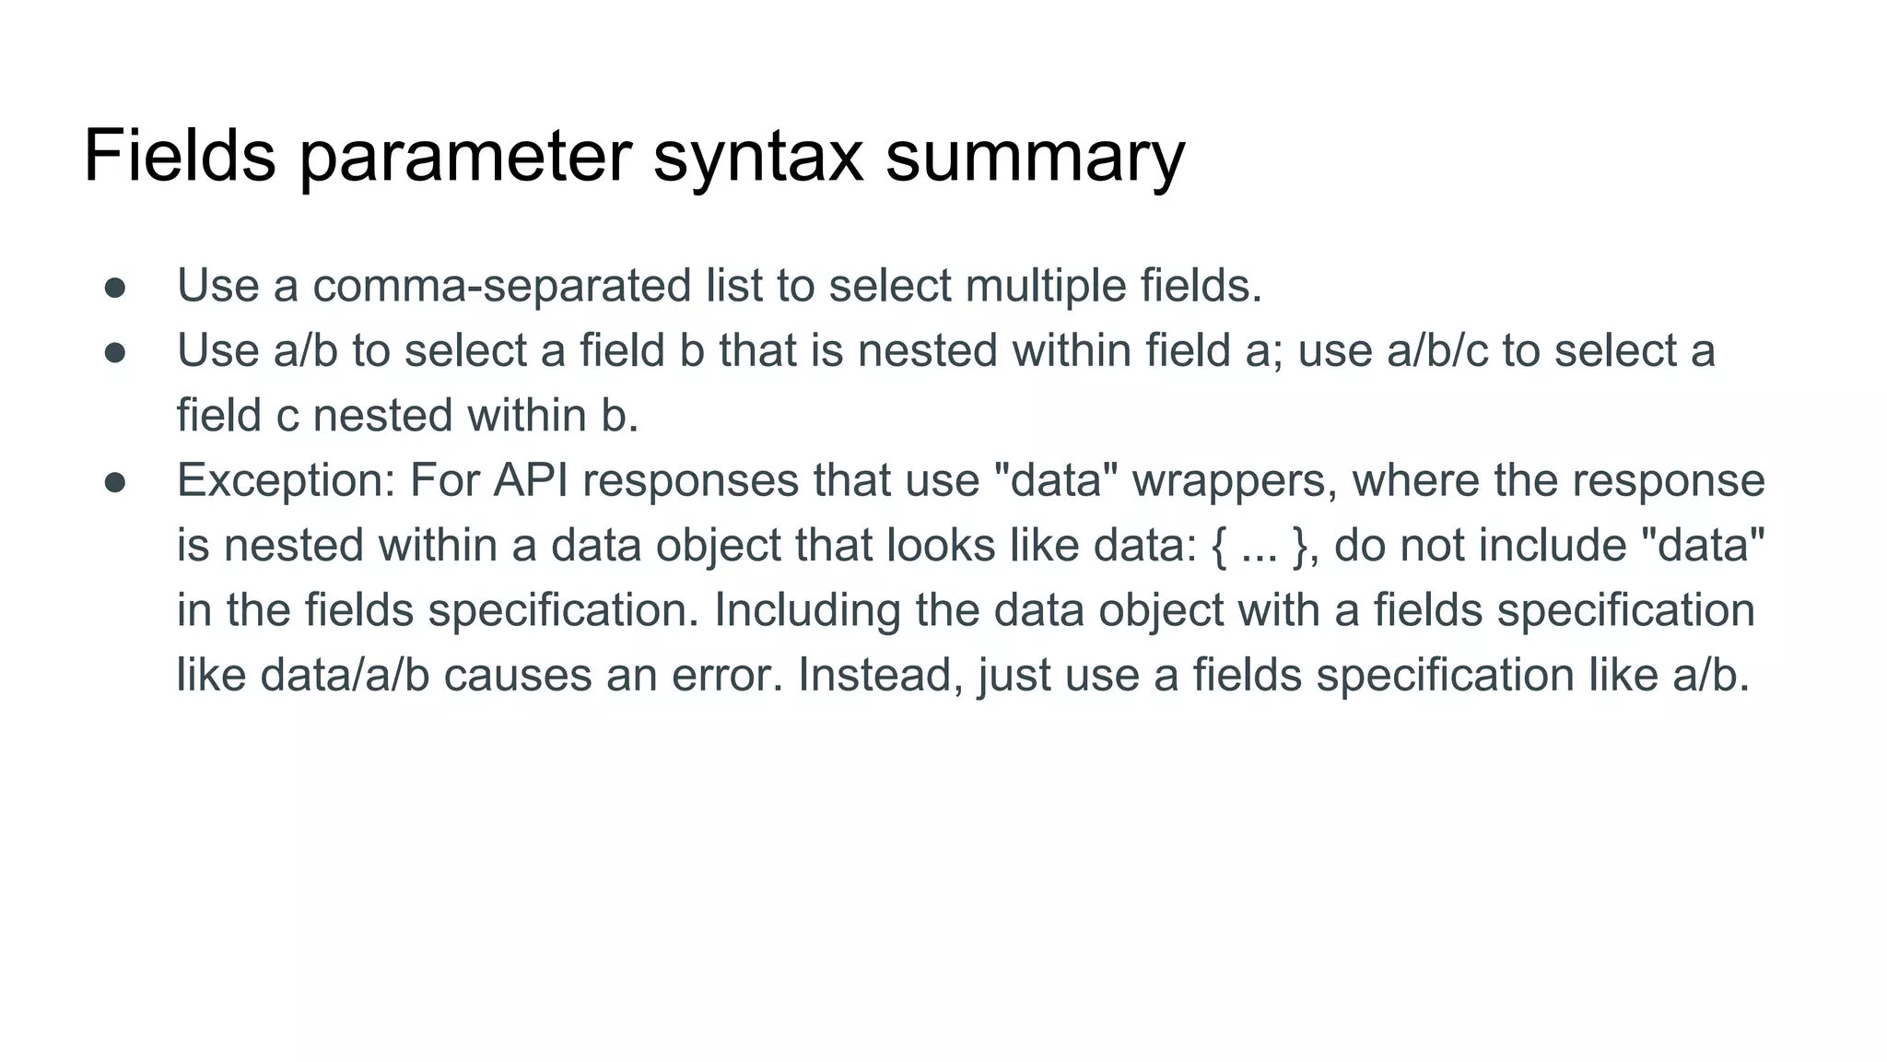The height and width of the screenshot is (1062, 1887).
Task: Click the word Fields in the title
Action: pos(180,157)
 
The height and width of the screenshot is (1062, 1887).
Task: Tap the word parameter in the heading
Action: pos(464,157)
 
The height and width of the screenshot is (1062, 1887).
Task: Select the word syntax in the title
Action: pos(757,157)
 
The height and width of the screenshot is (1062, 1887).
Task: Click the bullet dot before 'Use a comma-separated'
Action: pos(115,288)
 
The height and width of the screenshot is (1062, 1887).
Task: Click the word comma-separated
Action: pos(502,286)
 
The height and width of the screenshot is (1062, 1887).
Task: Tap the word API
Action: pos(530,481)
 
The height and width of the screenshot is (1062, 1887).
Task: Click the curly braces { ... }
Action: pos(1260,546)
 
